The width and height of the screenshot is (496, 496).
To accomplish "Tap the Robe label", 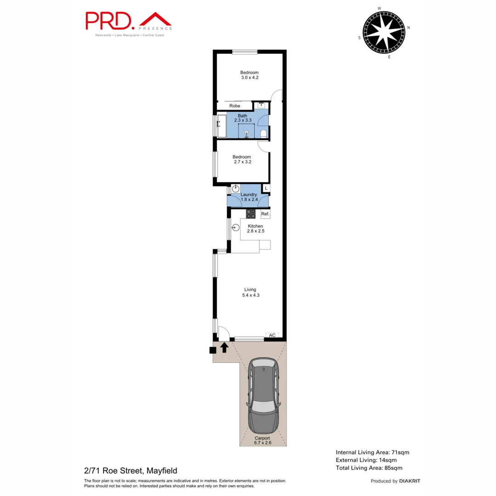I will pyautogui.click(x=235, y=106).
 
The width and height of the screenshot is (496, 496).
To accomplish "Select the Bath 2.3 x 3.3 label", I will pyautogui.click(x=242, y=118).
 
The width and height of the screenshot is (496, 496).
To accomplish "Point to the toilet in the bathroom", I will pyautogui.click(x=263, y=133).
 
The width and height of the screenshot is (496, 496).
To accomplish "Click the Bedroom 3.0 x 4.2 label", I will pyautogui.click(x=249, y=75).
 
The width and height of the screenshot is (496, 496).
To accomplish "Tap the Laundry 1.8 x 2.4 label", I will pyautogui.click(x=249, y=197).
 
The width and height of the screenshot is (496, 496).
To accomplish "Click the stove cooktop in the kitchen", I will pyautogui.click(x=251, y=214).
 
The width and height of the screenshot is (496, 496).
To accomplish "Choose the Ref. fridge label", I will pyautogui.click(x=265, y=214).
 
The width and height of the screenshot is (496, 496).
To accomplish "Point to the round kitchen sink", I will pyautogui.click(x=236, y=227).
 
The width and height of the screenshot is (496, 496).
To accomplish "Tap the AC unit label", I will pyautogui.click(x=272, y=335).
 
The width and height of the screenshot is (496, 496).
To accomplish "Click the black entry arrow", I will pyautogui.click(x=224, y=348).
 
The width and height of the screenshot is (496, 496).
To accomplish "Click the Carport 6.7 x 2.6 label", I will pyautogui.click(x=263, y=441).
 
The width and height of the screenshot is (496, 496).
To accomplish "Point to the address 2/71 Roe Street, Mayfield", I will pyautogui.click(x=130, y=470).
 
